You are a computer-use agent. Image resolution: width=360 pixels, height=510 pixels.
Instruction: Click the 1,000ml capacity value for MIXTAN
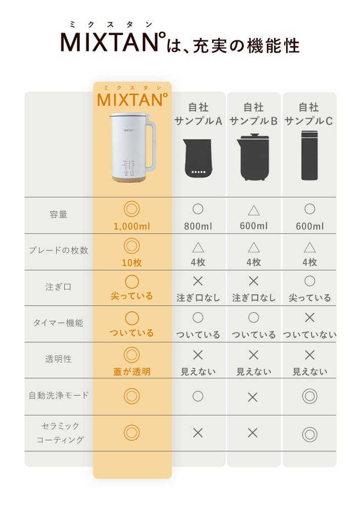[132, 226]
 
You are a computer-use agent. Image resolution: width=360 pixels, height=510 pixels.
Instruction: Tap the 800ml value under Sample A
[198, 226]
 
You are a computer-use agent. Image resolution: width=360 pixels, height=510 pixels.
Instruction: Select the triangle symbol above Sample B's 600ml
[254, 210]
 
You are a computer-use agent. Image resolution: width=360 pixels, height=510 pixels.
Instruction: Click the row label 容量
[59, 215]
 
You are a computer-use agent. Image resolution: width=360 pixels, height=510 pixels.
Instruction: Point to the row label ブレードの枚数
[59, 250]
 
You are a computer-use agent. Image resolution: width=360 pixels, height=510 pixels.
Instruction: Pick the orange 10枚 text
[132, 262]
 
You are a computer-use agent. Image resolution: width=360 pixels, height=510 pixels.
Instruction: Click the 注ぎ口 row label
[59, 287]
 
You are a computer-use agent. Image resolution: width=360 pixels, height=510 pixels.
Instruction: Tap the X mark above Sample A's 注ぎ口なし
[198, 281]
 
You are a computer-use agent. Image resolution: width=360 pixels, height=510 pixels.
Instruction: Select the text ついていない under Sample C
[309, 334]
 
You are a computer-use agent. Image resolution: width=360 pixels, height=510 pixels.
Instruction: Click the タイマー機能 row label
[59, 323]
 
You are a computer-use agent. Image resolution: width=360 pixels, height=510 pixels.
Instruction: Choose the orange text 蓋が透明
[132, 371]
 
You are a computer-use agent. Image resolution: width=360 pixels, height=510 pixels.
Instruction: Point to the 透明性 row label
[59, 359]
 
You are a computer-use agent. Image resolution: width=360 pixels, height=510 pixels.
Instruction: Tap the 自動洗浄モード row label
[59, 395]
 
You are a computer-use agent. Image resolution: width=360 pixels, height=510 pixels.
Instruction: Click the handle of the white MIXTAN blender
[152, 143]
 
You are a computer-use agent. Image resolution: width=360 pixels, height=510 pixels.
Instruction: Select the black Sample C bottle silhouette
[309, 155]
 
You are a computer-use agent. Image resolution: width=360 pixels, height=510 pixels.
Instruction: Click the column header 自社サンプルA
[198, 114]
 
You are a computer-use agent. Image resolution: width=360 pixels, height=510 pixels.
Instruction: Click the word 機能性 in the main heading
[273, 45]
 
